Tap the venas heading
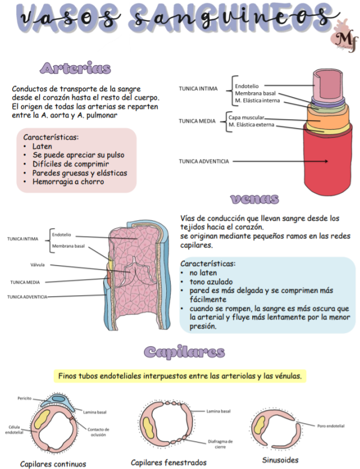pos(255,199)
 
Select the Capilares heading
pos(184,352)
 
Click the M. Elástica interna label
pos(257,101)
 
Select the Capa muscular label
pos(246,117)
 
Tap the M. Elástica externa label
pos(251,125)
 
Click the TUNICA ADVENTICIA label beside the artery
pos(204,161)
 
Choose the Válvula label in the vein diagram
pos(38,265)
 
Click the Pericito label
pos(24,398)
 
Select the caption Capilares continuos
pos(53,464)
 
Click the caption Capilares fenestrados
pos(168,462)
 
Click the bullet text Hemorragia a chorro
pos(68,182)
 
